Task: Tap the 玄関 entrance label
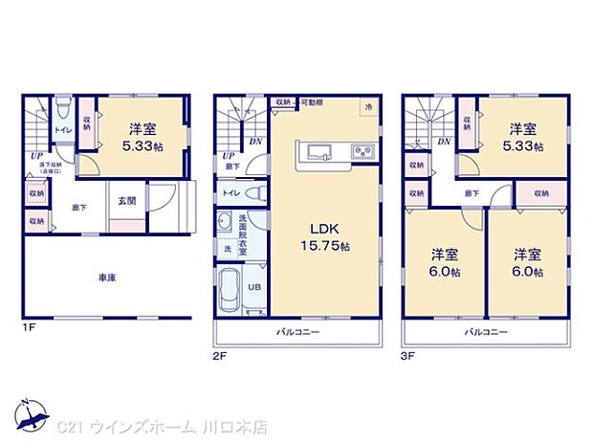tap(126, 201)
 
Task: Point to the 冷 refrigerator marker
tap(369, 108)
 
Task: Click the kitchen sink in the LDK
tap(318, 151)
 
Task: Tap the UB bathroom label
tap(255, 286)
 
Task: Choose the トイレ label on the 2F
tap(231, 192)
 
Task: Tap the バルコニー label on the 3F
tap(486, 331)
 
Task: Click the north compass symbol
tap(36, 412)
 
